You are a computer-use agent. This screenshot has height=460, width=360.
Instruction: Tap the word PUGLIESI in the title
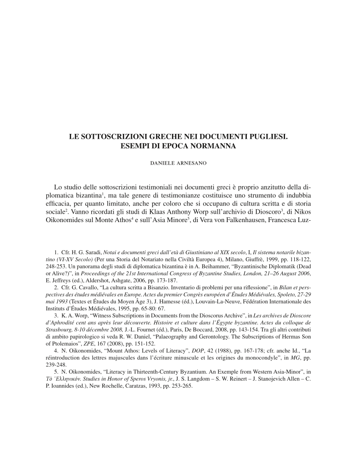coord(267,137)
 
